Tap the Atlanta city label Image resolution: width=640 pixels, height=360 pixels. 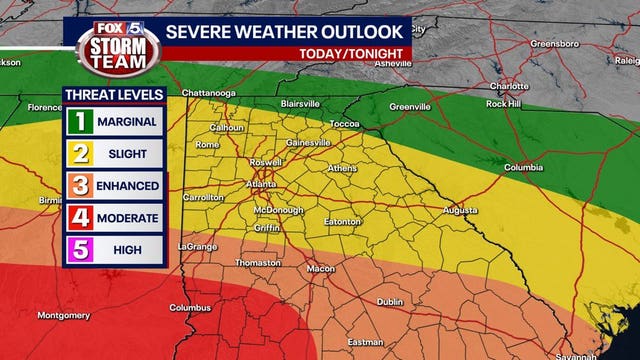(262, 185)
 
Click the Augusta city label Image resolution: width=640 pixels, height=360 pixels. (460, 211)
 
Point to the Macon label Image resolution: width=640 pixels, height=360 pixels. (321, 268)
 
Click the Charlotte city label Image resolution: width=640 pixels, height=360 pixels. (510, 87)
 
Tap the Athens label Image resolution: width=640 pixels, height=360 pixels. (342, 167)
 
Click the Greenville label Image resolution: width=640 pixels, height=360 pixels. (410, 106)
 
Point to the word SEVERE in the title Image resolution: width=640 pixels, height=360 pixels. (198, 31)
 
